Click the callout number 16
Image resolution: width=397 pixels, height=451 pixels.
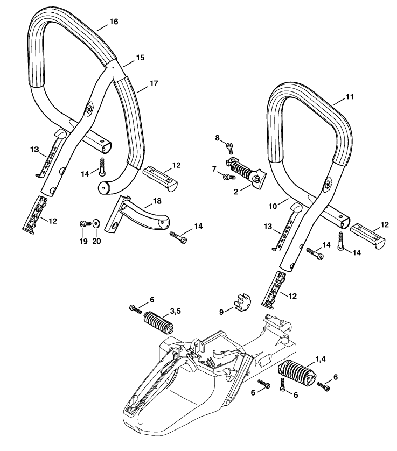(114, 22)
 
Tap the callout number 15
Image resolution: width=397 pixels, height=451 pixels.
(140, 58)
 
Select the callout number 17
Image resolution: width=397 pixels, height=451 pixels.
(154, 83)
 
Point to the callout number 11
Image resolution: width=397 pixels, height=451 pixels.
(349, 97)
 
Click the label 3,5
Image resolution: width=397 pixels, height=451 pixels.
(175, 311)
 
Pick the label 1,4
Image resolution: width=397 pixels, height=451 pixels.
(321, 359)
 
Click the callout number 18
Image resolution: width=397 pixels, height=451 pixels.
(157, 201)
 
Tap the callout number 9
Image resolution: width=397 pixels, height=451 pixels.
(221, 312)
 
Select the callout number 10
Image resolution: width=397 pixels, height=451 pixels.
(273, 206)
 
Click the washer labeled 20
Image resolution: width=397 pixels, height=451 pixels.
(95, 223)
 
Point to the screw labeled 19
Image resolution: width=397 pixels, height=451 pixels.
(85, 223)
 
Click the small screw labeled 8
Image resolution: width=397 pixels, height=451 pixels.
(229, 147)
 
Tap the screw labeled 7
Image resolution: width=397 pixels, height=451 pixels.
(229, 177)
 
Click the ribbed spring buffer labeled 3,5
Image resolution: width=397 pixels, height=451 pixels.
(158, 323)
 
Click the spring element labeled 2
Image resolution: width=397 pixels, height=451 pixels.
(246, 172)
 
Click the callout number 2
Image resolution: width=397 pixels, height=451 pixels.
(236, 192)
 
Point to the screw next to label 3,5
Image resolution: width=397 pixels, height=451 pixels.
(136, 309)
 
